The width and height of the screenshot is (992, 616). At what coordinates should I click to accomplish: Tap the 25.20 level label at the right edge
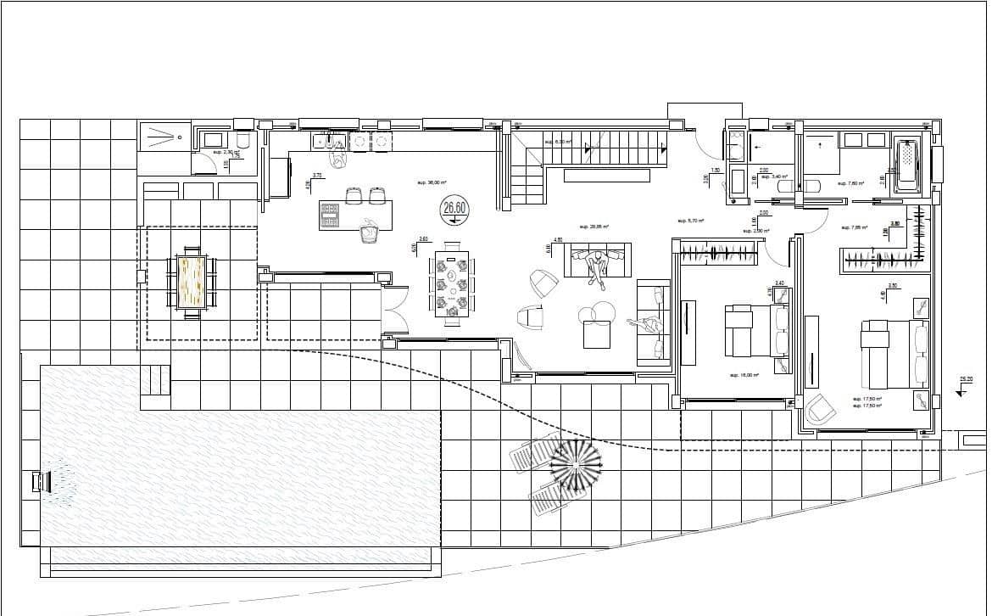tap(965, 379)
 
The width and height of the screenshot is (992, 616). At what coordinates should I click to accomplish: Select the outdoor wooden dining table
tap(192, 283)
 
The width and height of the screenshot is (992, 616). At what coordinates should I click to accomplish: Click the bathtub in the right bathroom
tap(907, 165)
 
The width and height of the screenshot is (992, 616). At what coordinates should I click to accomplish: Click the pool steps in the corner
tap(155, 379)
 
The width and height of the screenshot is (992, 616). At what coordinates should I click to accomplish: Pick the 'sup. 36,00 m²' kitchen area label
tap(432, 182)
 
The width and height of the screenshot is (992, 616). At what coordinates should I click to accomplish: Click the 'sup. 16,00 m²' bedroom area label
tap(744, 374)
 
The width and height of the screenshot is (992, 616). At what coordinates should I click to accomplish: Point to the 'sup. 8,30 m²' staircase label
tap(558, 143)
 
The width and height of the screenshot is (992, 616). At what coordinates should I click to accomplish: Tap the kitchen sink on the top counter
tap(326, 141)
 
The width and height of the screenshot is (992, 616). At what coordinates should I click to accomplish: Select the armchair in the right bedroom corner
tap(819, 409)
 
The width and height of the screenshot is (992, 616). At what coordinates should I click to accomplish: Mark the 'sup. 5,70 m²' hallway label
tap(691, 221)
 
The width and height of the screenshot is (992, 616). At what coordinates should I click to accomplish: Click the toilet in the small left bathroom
tap(242, 142)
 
